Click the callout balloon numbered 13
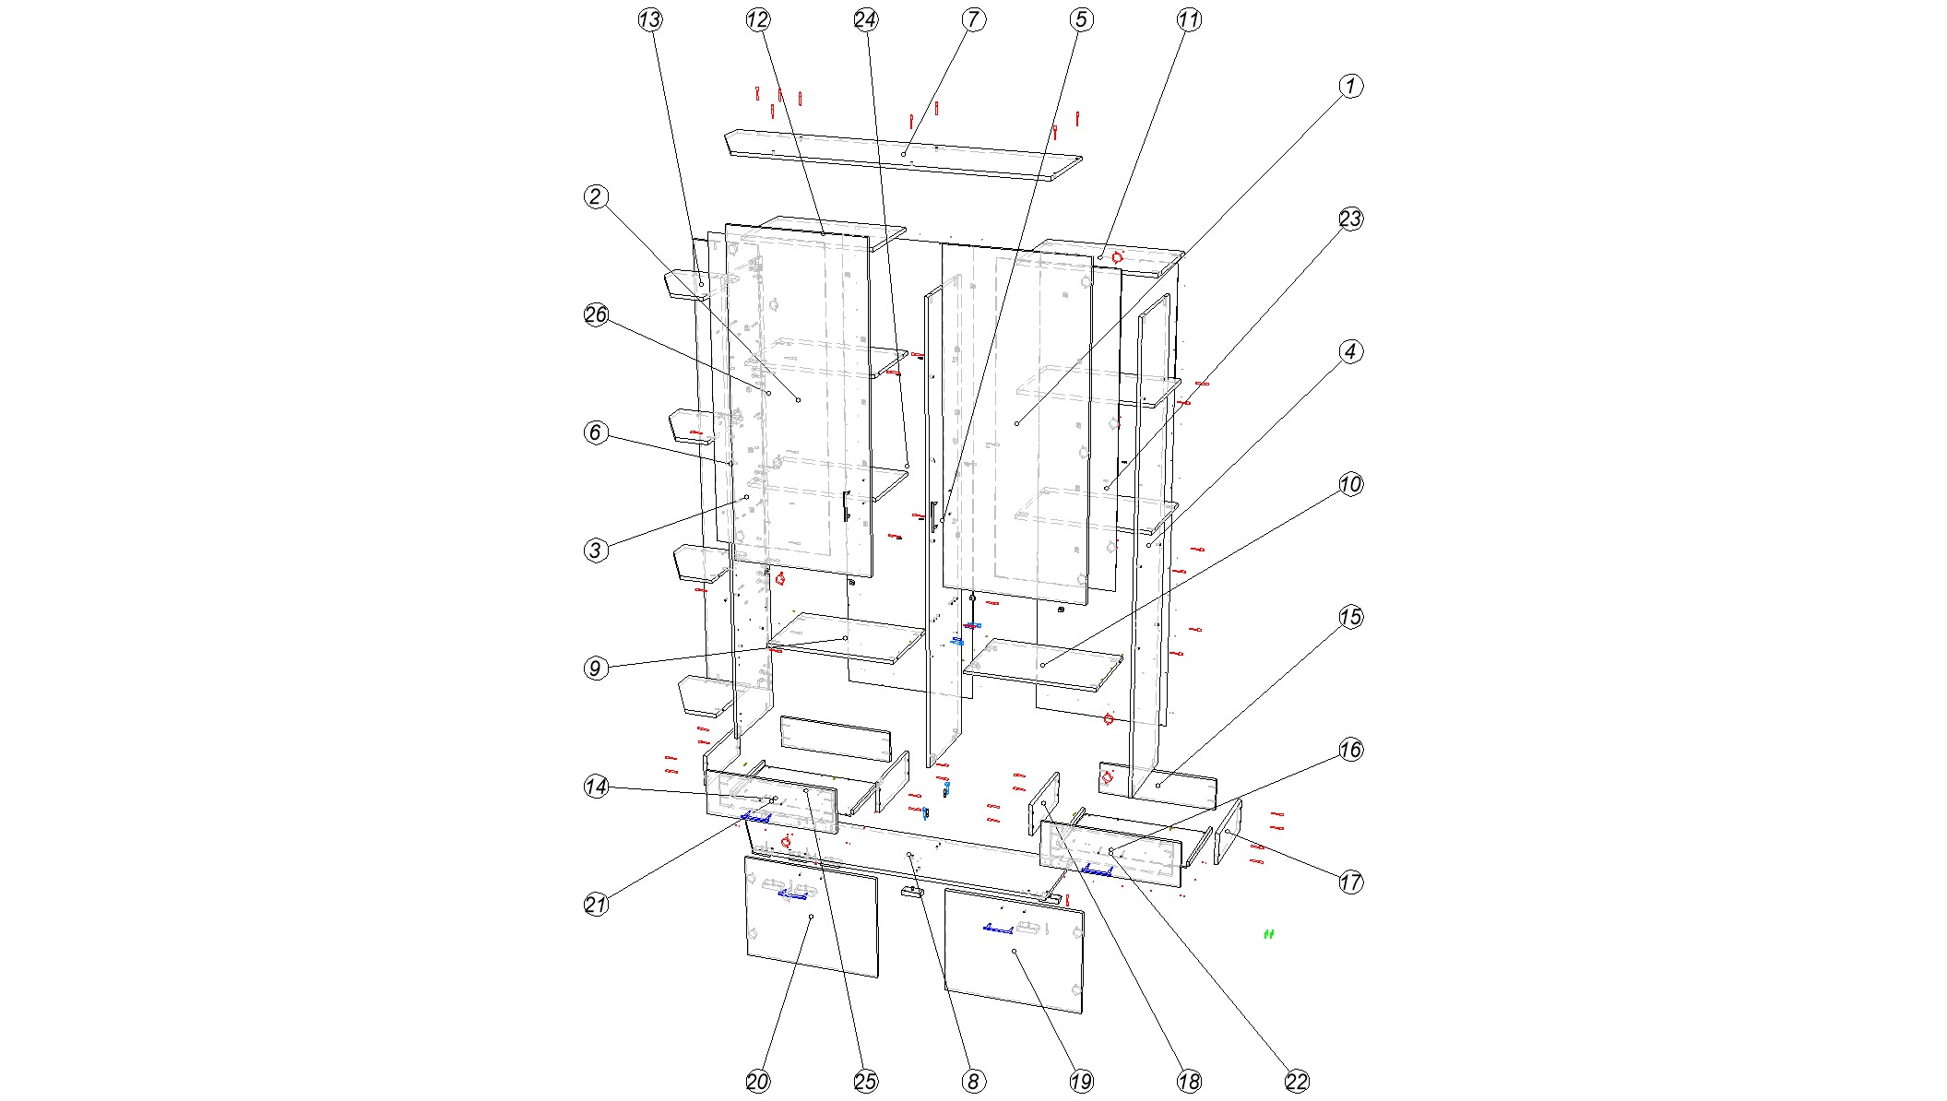[x=650, y=19]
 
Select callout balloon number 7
[x=974, y=19]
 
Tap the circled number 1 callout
[x=1350, y=86]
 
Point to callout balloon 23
[x=1350, y=219]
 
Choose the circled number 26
[x=596, y=314]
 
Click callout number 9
[x=596, y=669]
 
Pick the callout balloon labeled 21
[x=596, y=905]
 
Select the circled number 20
[x=758, y=1082]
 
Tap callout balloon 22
[x=1297, y=1082]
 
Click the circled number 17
[x=1350, y=882]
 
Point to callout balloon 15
[x=1350, y=617]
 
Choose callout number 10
[x=1350, y=484]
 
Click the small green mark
[x=1269, y=934]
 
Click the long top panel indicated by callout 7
[x=904, y=155]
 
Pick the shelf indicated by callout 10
[x=1043, y=665]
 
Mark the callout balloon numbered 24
[x=866, y=19]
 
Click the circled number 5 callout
[x=1082, y=19]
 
